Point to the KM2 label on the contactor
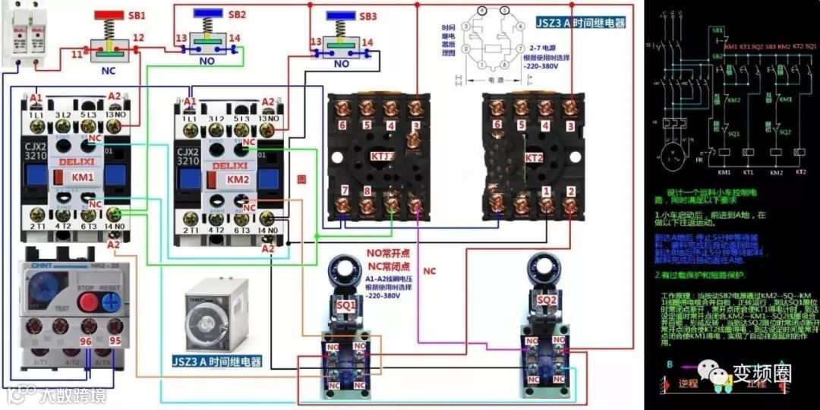[237, 180]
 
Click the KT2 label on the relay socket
[535, 159]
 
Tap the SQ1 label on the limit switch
[346, 304]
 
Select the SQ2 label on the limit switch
[547, 300]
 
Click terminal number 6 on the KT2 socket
[497, 125]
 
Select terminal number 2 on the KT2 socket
[570, 191]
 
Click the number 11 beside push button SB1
[77, 55]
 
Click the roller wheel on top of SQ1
[347, 271]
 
